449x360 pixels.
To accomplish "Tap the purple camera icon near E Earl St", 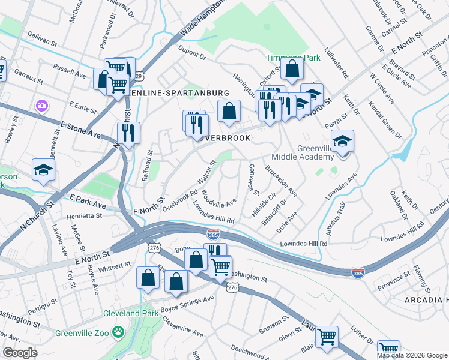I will [41, 106].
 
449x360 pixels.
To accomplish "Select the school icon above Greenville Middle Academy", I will [342, 142].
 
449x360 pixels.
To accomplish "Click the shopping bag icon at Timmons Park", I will [292, 70].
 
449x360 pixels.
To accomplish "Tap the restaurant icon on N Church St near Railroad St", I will [128, 133].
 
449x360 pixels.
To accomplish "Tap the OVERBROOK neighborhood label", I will [224, 137].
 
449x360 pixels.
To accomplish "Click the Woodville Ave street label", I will [219, 197].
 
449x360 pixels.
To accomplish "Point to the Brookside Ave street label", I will [282, 182].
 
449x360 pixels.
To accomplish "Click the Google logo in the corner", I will [20, 352].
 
